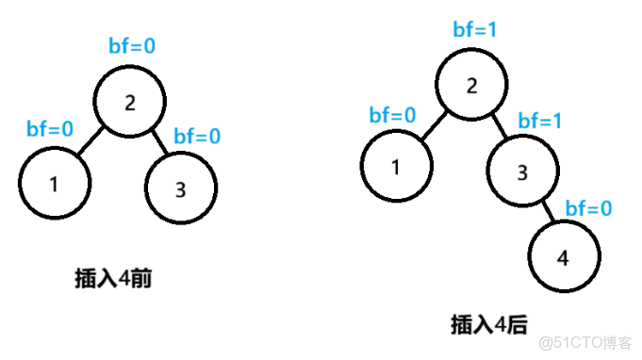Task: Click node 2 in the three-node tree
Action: pos(129,101)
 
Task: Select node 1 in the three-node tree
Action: pos(55,184)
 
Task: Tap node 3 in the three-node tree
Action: pos(182,188)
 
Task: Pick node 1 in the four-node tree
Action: pos(396,167)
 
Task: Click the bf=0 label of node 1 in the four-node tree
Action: pos(392,115)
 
